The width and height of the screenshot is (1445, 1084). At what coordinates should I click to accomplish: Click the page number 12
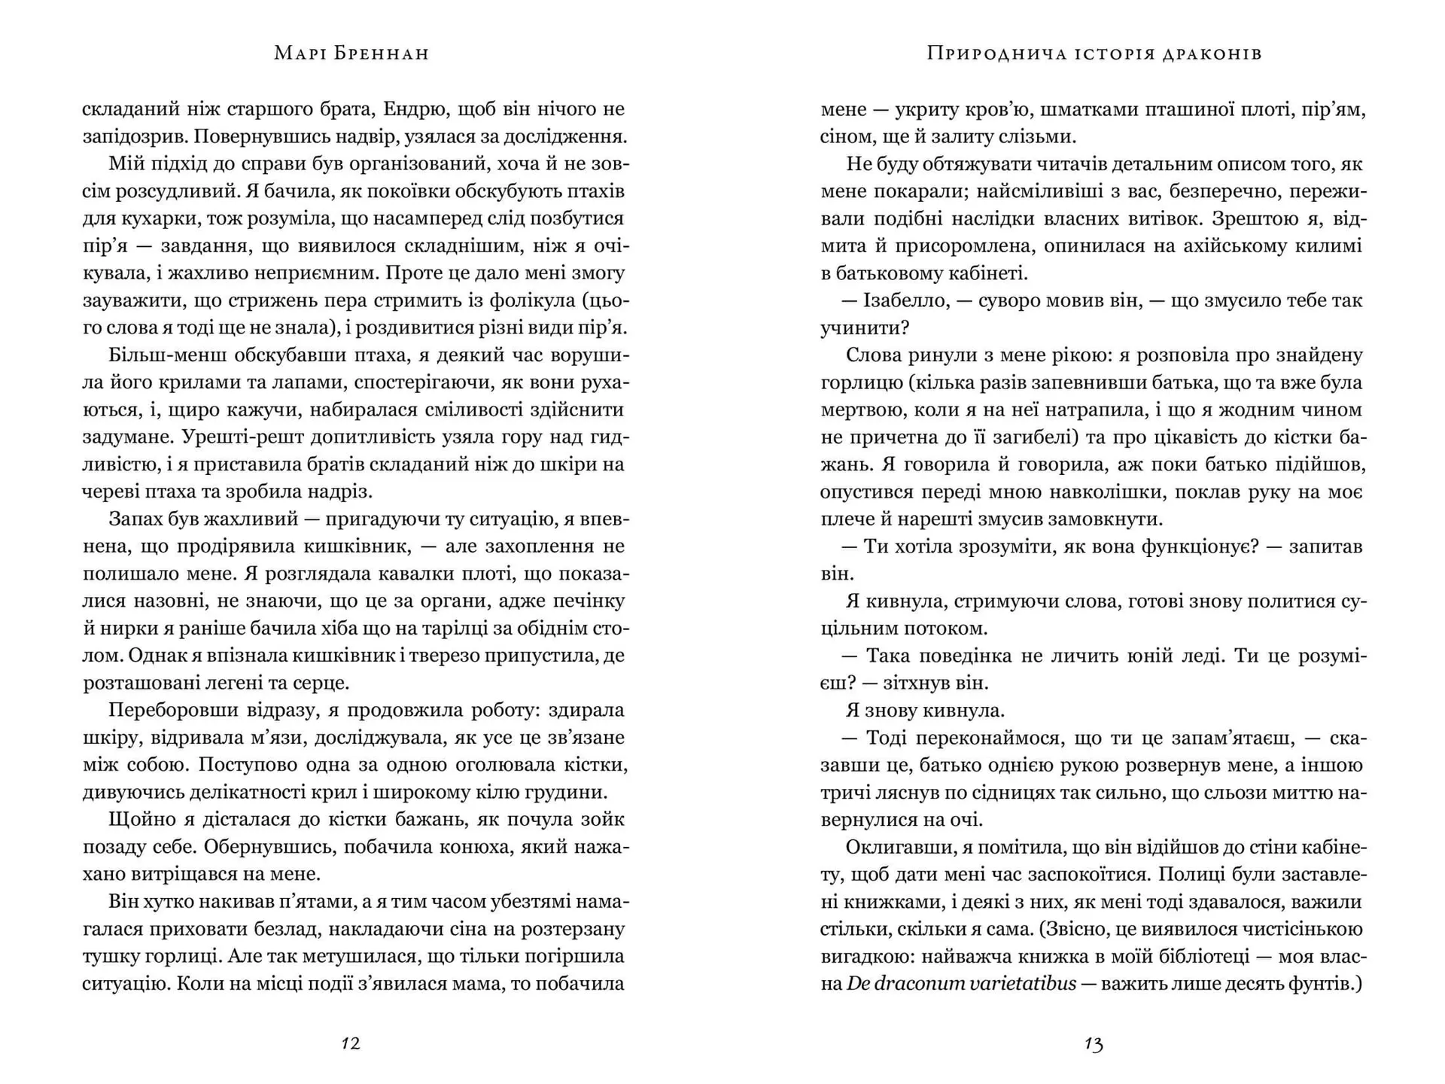coord(351,1043)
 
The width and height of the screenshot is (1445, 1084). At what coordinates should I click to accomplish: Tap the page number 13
coord(1094,1043)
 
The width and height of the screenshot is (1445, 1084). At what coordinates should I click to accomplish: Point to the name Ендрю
coord(416,109)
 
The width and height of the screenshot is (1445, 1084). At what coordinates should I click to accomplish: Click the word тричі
coord(845,793)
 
